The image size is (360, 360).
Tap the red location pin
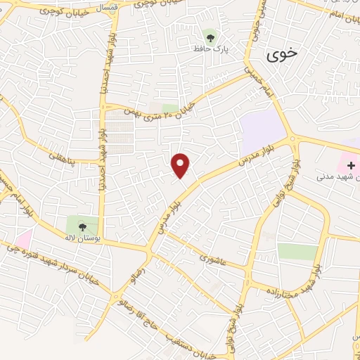tap(181, 165)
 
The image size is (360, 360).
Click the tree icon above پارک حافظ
tap(210, 34)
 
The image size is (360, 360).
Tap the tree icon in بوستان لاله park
tap(82, 226)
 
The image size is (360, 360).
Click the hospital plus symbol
tap(351, 165)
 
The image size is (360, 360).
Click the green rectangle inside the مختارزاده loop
tap(297, 252)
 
